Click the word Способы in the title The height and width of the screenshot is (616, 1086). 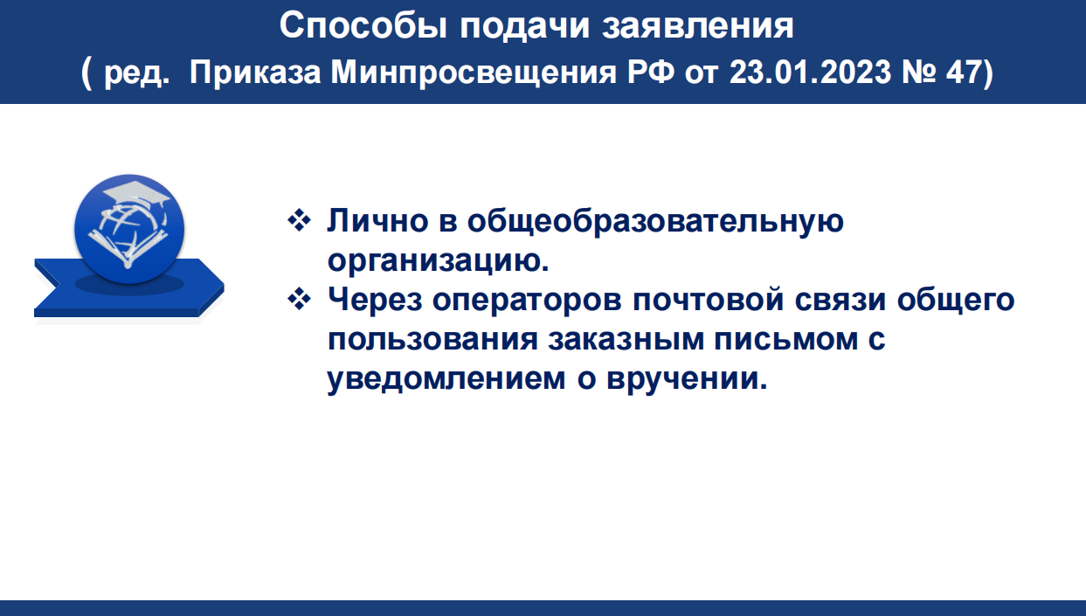(363, 25)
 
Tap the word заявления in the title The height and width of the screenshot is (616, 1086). (698, 25)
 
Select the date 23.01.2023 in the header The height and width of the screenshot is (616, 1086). (810, 73)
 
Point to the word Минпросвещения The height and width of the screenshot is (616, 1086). (474, 73)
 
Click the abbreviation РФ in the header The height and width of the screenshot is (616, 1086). (651, 73)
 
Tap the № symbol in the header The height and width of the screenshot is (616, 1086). (918, 73)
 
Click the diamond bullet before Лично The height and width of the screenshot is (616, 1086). (299, 220)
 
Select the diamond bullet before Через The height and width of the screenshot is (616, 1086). (299, 299)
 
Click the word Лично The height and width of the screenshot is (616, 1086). (377, 221)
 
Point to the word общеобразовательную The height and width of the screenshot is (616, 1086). (655, 222)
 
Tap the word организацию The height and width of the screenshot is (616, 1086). (439, 261)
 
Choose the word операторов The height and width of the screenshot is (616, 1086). (527, 301)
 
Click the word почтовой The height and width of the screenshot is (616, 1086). (709, 300)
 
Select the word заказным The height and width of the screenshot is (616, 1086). (626, 339)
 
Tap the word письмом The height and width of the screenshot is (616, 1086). (786, 339)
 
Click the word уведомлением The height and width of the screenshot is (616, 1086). (446, 379)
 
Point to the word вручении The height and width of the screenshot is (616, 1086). (687, 379)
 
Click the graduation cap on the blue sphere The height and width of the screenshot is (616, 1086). (137, 193)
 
